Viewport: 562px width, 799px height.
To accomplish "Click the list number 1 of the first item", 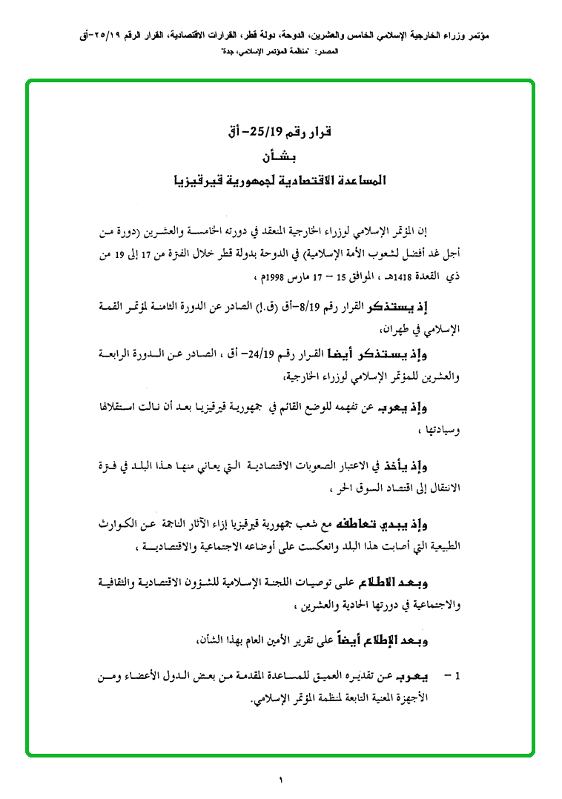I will pos(458,677).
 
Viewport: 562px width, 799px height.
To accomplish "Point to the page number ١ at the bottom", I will pos(282,780).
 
